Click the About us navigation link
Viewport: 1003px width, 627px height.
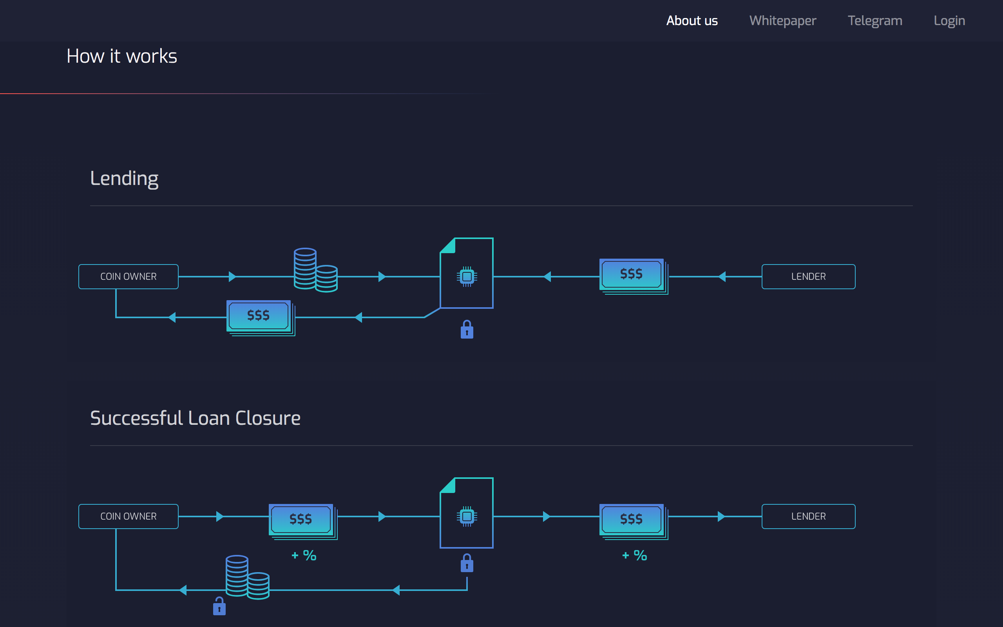coord(692,21)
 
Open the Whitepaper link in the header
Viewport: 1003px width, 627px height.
coord(782,21)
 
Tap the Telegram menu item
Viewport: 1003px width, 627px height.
coord(874,21)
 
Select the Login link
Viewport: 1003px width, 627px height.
coord(949,21)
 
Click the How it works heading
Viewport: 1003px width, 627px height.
coord(122,56)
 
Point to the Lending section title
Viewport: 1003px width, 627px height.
coord(124,178)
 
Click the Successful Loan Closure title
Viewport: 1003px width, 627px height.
coord(195,418)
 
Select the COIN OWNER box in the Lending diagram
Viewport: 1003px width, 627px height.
coord(129,277)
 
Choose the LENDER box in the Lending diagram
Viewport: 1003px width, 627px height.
coord(808,277)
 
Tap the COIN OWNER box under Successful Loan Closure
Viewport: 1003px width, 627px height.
coord(129,516)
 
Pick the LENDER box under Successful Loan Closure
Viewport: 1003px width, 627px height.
coord(808,516)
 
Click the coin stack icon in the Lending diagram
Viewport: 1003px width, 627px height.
coord(315,270)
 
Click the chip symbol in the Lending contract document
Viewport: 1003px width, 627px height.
coord(467,277)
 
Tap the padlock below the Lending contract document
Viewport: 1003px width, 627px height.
coord(467,330)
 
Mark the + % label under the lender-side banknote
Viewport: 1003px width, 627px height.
coord(635,555)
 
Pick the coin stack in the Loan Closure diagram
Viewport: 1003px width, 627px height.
coord(247,577)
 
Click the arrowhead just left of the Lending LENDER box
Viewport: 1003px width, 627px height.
coord(722,277)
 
